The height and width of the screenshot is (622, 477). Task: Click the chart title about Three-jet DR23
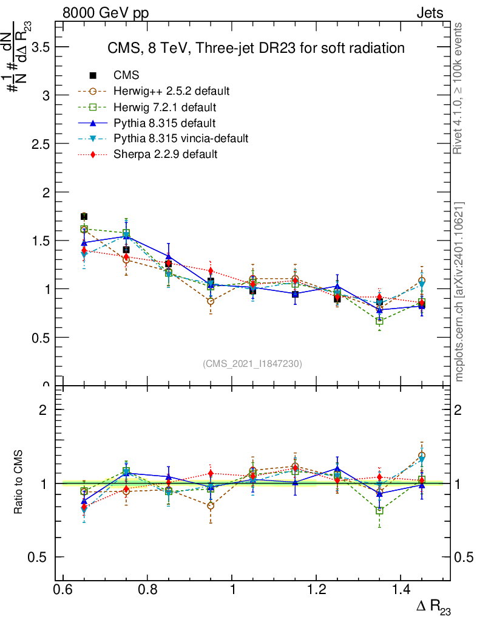(255, 48)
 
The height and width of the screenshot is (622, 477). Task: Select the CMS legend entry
(126, 76)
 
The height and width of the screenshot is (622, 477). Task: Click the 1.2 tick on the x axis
(316, 591)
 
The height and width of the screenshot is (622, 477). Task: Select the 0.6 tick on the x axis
(63, 591)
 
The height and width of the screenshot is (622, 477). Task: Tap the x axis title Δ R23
(434, 607)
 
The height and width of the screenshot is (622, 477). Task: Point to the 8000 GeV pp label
(106, 13)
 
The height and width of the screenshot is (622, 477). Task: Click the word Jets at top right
(430, 13)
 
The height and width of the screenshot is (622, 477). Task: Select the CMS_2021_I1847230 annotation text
(252, 363)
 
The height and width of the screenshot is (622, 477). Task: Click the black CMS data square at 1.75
(84, 217)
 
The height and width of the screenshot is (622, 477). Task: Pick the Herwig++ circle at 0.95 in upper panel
(211, 301)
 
